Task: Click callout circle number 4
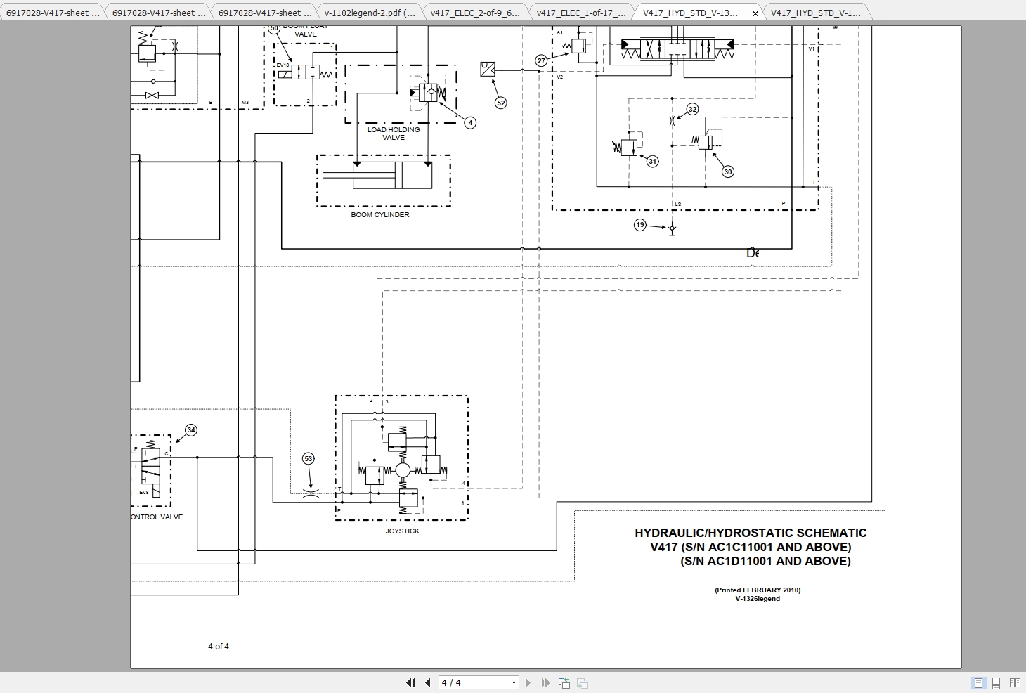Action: pyautogui.click(x=470, y=122)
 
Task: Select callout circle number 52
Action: pyautogui.click(x=500, y=103)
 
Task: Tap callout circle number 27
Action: pyautogui.click(x=541, y=60)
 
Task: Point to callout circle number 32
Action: pyautogui.click(x=692, y=109)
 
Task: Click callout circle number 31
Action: pyautogui.click(x=652, y=161)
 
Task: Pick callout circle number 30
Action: pyautogui.click(x=727, y=171)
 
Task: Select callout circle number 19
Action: pyautogui.click(x=639, y=225)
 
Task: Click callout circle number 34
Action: pyautogui.click(x=190, y=429)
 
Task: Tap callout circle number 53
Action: pyautogui.click(x=308, y=458)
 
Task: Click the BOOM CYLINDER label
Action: pyautogui.click(x=379, y=215)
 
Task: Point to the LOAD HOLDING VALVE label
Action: pyautogui.click(x=393, y=134)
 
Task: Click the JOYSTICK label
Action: pyautogui.click(x=402, y=531)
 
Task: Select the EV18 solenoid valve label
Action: pyautogui.click(x=283, y=65)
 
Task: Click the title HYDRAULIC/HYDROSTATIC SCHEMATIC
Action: pyautogui.click(x=750, y=533)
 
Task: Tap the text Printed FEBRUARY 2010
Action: pyautogui.click(x=757, y=590)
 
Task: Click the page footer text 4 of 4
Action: pyautogui.click(x=218, y=647)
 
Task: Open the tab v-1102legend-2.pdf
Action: pyautogui.click(x=369, y=13)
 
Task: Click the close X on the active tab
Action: pyautogui.click(x=755, y=13)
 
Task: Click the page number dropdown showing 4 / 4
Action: pyautogui.click(x=479, y=682)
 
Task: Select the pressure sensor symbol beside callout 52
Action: pyautogui.click(x=487, y=69)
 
